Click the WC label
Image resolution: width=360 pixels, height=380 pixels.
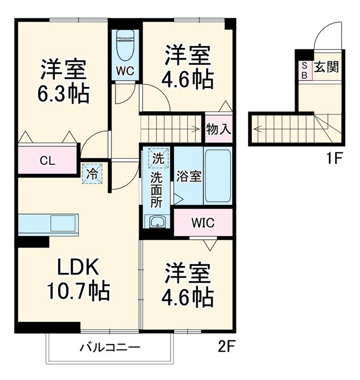point(125,70)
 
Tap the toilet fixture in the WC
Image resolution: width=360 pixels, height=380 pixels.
point(125,45)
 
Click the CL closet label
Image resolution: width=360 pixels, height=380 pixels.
point(48,161)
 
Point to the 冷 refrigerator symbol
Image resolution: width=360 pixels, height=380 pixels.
point(92,174)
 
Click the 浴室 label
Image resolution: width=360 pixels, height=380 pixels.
point(188,176)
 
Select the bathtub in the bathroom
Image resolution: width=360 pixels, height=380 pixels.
point(217,176)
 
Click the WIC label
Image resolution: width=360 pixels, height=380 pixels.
point(203,223)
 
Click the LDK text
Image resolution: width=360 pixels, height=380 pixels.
point(78,268)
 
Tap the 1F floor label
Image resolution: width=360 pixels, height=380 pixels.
point(334,157)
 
